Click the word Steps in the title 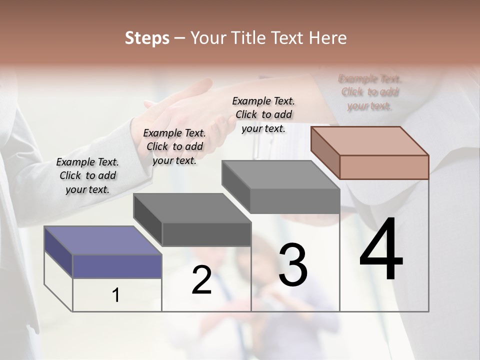coord(147,38)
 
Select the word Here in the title coord(328,38)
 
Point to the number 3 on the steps coord(292,264)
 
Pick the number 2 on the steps coord(201,279)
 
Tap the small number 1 coord(116,295)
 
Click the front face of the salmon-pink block coord(384,167)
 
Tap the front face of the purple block coord(117,266)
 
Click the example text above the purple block coord(87,175)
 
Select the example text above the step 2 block coord(174,146)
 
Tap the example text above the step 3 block coord(263,114)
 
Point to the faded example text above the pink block coord(370,92)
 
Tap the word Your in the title coord(208,38)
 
